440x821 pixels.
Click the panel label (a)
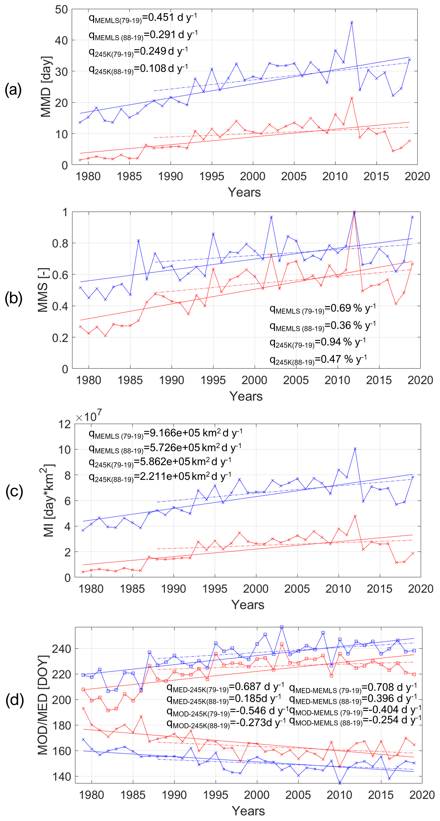tap(13, 90)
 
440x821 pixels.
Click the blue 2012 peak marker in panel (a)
tap(352, 22)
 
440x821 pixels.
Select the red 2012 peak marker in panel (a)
tap(352, 98)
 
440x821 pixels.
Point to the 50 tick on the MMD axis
tap(61, 10)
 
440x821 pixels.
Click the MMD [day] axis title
tap(46, 87)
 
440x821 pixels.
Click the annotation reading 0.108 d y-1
tap(168, 68)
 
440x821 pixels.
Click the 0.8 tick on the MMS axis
tap(60, 243)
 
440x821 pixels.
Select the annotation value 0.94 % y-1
tap(343, 342)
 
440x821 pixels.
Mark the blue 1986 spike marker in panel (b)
tap(138, 241)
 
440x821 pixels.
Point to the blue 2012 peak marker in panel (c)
tap(355, 449)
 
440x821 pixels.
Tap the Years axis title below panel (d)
tap(248, 811)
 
